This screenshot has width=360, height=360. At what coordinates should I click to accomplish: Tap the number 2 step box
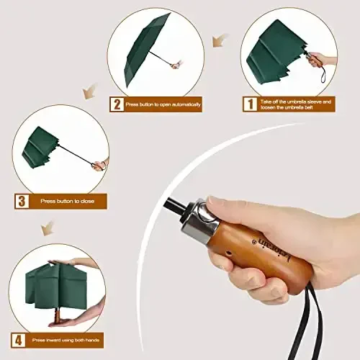click(x=116, y=104)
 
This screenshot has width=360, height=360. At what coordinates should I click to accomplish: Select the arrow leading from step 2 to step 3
click(x=90, y=92)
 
